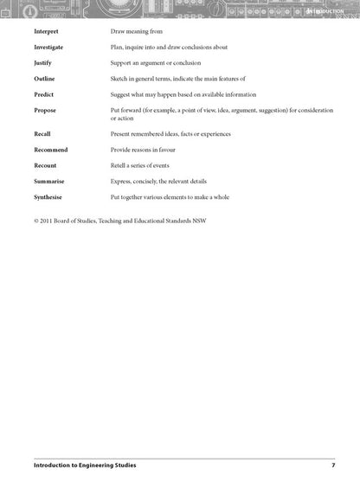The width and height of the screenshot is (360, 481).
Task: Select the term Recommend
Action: pyautogui.click(x=51, y=149)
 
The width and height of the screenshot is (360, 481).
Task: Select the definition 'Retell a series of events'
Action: pyautogui.click(x=146, y=164)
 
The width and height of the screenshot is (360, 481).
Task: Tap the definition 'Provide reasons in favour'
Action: pyautogui.click(x=148, y=149)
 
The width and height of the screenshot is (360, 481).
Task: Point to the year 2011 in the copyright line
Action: pyautogui.click(x=51, y=220)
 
